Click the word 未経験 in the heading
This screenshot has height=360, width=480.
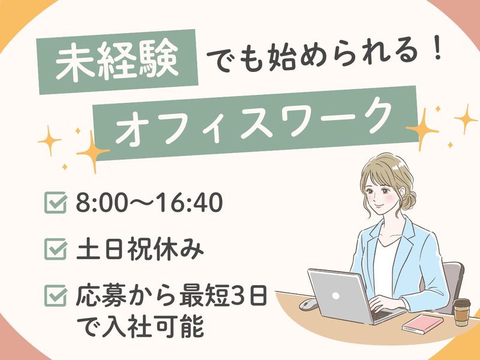coord(117,61)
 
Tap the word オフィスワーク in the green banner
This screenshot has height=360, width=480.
coord(254,122)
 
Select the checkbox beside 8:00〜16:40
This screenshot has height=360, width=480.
coord(55,202)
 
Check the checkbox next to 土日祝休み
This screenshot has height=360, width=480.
coord(55,249)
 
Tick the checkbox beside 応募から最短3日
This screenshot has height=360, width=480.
coord(55,296)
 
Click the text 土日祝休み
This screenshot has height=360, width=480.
coord(140,249)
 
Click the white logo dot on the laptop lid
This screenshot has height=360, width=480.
coord(335,296)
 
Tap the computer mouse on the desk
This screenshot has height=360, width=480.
coord(308,304)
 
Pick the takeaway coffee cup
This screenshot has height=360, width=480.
coord(461,312)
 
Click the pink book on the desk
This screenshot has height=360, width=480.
coord(422,323)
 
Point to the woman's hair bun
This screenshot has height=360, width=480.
coord(409,200)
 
